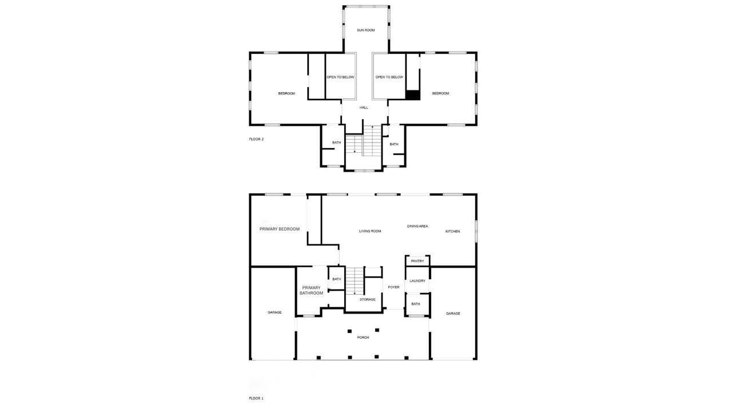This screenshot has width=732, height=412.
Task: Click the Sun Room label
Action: click(365, 30)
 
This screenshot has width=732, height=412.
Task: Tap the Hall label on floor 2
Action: click(364, 108)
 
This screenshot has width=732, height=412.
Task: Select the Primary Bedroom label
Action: click(279, 229)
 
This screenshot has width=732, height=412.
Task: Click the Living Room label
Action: click(370, 231)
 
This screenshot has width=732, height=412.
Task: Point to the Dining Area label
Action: click(417, 227)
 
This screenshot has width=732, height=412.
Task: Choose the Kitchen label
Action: click(452, 231)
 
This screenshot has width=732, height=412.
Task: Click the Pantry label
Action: click(417, 261)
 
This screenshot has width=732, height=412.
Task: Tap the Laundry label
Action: click(417, 281)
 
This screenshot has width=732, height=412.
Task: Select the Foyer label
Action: click(393, 287)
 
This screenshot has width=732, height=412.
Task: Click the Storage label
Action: click(367, 299)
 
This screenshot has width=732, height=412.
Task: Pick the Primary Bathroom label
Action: click(311, 290)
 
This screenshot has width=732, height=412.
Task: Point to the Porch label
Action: click(363, 338)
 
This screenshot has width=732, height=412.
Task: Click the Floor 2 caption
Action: click(256, 139)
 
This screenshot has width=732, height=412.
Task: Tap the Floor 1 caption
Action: click(256, 398)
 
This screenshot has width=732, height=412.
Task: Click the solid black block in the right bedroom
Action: click(413, 96)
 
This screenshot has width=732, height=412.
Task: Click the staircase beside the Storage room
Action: click(355, 280)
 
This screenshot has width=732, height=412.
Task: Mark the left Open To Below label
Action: click(340, 77)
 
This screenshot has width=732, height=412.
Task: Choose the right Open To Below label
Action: click(389, 77)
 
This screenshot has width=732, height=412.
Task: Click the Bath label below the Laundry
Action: click(416, 304)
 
